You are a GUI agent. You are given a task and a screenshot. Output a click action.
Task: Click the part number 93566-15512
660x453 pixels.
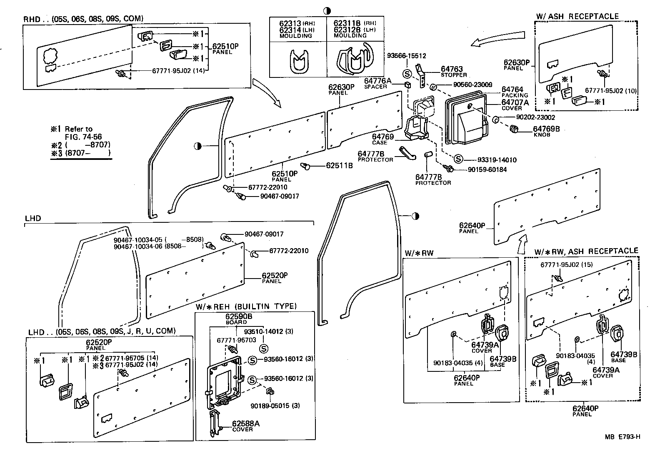406,56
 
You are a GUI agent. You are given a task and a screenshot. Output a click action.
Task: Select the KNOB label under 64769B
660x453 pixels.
541,135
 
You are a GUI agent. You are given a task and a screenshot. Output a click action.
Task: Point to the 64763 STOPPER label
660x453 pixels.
452,72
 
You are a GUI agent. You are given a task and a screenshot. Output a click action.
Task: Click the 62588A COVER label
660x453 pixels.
246,426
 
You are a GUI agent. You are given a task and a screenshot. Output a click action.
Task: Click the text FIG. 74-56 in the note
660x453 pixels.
83,137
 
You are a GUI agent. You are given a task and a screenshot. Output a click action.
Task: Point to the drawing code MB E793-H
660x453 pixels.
622,437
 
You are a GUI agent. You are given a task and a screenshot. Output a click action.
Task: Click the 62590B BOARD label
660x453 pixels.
236,319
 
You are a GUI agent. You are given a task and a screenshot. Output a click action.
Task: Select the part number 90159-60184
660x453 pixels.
487,169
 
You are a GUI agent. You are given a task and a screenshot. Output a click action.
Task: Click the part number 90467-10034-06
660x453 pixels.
139,246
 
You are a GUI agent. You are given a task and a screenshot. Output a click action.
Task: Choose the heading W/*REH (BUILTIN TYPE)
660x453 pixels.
246,306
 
